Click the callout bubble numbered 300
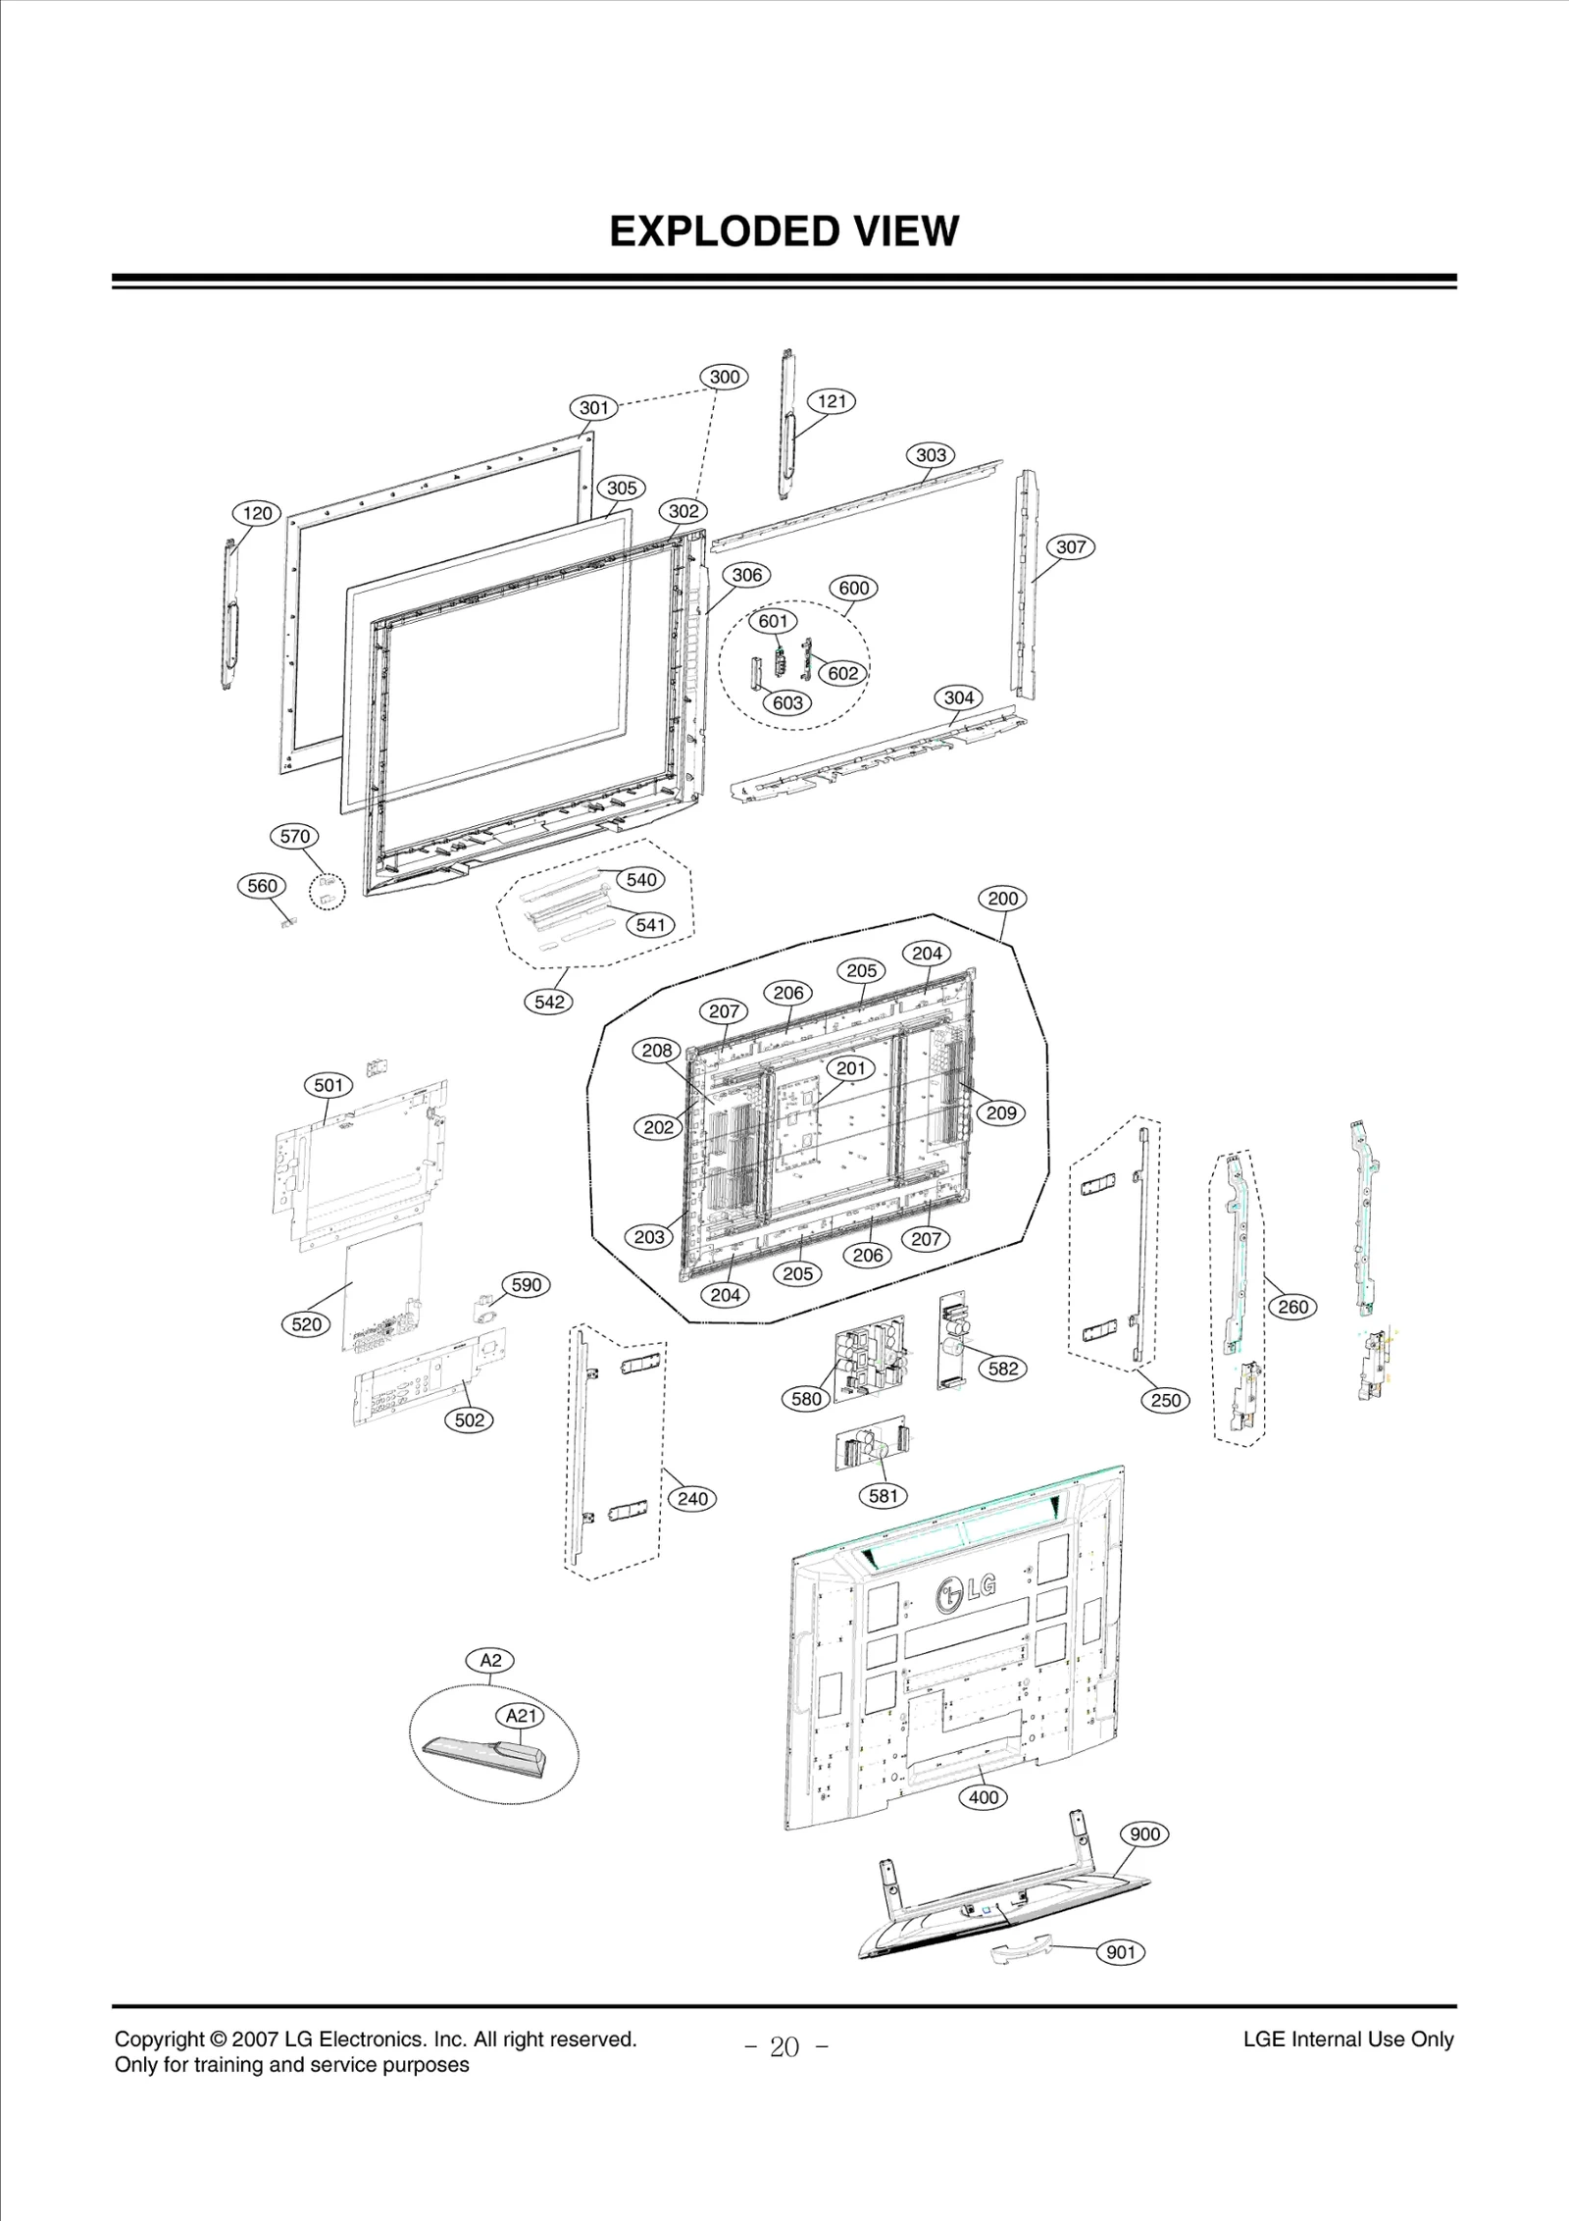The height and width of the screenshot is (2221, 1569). tap(724, 377)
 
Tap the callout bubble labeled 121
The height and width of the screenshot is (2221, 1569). tap(832, 401)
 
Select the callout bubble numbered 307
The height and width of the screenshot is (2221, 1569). tap(1071, 547)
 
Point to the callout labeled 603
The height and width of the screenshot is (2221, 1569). tap(788, 702)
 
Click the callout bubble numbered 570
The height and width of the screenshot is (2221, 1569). tap(295, 837)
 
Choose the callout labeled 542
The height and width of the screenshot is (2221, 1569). tap(549, 1002)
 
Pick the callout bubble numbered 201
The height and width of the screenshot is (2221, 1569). tap(850, 1068)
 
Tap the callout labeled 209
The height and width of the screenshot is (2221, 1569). tap(1001, 1112)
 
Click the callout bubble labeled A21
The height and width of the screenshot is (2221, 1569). tap(521, 1716)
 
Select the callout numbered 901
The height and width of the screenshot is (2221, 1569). tap(1120, 1952)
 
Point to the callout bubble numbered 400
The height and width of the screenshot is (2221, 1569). tap(983, 1797)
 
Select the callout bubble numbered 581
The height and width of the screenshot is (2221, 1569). tap(883, 1496)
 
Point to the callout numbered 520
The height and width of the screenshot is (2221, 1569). tap(306, 1324)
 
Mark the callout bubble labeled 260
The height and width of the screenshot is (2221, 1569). tap(1292, 1307)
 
